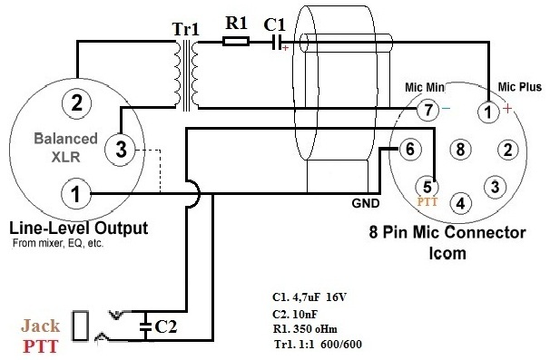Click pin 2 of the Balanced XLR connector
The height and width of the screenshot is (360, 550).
[x=76, y=103]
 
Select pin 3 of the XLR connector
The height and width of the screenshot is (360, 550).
[x=121, y=149]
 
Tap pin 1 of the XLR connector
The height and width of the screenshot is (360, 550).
[x=75, y=193]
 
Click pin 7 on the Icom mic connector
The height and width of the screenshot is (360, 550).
[x=428, y=110]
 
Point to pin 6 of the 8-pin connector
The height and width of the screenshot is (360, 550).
[x=409, y=149]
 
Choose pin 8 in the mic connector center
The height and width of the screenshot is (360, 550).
[x=460, y=149]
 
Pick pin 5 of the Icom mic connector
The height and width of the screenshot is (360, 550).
[x=427, y=186]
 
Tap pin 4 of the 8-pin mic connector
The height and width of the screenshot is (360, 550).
[x=460, y=203]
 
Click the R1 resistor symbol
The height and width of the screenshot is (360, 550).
[x=236, y=42]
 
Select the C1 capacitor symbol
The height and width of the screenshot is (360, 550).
[x=277, y=42]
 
